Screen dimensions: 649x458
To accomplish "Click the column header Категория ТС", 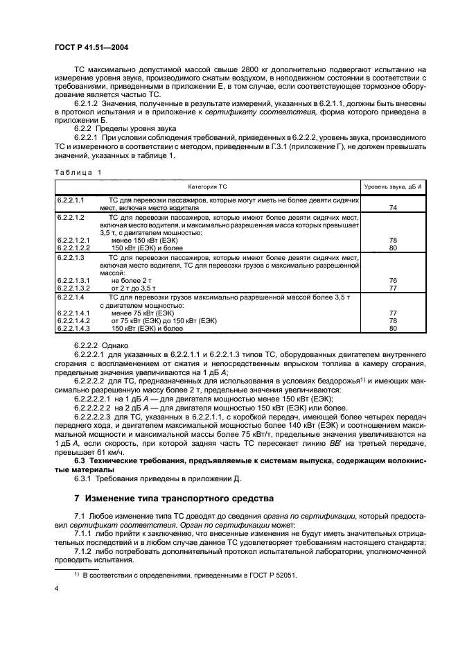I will (209, 187).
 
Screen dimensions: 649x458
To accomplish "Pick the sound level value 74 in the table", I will (392, 207).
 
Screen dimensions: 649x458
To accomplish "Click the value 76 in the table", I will (392, 280).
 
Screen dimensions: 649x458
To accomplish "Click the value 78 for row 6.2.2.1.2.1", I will (392, 239).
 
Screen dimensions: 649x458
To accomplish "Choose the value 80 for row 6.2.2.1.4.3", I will (392, 329).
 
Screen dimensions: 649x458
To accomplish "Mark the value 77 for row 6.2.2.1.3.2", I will (392, 287).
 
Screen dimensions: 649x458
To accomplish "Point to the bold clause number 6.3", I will (82, 460).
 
